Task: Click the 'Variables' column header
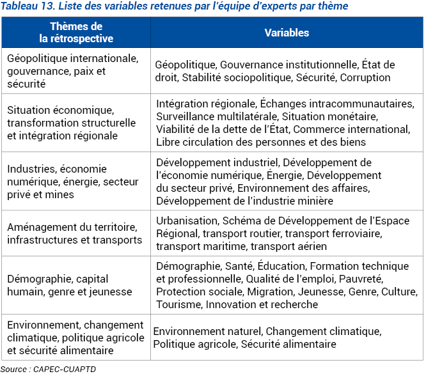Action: click(x=287, y=33)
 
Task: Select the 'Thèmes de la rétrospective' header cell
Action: click(x=75, y=33)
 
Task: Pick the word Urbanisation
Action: click(x=185, y=221)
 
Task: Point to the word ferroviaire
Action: click(x=353, y=233)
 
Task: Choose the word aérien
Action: click(x=310, y=246)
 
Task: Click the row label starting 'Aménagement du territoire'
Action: click(x=74, y=233)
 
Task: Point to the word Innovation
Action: click(x=245, y=304)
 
